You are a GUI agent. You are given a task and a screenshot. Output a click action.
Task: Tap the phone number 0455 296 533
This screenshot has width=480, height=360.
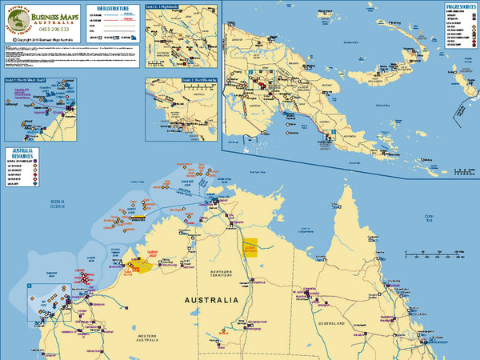(x=58, y=30)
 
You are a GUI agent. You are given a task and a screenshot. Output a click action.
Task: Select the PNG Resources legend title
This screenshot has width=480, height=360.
(x=458, y=6)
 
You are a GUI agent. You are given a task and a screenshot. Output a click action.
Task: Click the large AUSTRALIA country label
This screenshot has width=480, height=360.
(x=211, y=301)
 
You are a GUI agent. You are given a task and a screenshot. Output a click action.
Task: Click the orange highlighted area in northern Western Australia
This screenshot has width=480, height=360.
(x=139, y=267)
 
